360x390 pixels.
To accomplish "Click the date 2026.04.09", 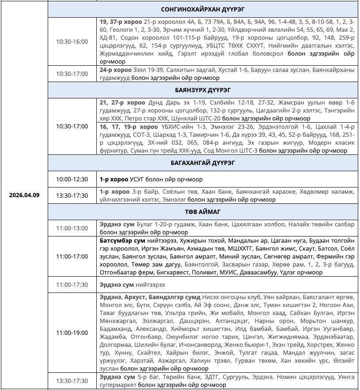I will coord(24,195).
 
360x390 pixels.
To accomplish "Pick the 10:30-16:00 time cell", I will coord(72,42).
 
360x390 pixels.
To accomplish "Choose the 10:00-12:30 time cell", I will coord(72,179).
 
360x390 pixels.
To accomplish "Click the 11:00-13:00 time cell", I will coord(72,228).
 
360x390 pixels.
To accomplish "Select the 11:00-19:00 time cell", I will coord(72,332).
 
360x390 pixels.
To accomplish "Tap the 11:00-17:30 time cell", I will coord(72,285).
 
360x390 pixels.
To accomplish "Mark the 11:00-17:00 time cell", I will coord(72,256).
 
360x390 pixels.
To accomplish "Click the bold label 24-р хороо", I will coord(115,70).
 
